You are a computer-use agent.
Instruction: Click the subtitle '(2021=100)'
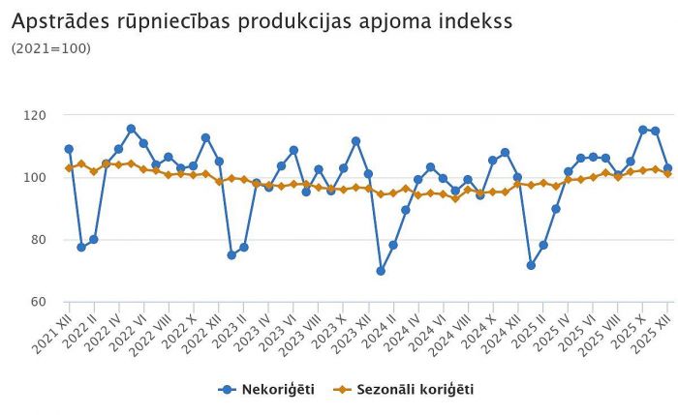(x=50, y=47)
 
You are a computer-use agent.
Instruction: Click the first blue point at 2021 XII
(x=69, y=149)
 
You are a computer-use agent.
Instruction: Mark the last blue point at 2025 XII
(x=667, y=168)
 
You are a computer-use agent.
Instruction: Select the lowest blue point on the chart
(x=381, y=271)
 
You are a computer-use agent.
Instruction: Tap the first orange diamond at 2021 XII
(x=69, y=168)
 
